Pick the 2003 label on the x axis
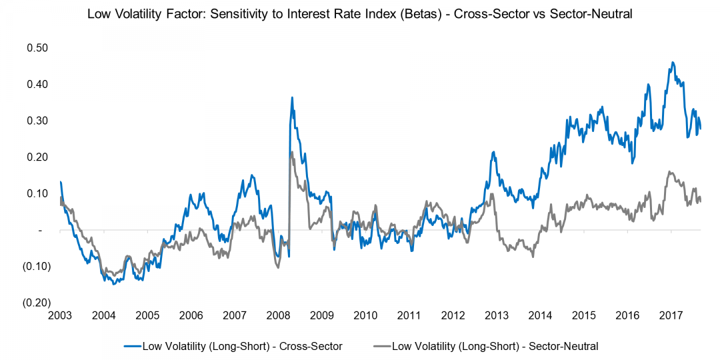tap(60, 315)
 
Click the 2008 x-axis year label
tap(278, 315)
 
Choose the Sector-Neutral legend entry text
tap(495, 346)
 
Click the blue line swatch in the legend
tap(132, 346)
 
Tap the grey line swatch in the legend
tap(381, 346)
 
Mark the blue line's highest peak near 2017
tap(673, 63)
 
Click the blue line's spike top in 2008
tap(292, 97)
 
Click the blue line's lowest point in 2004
tap(114, 285)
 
